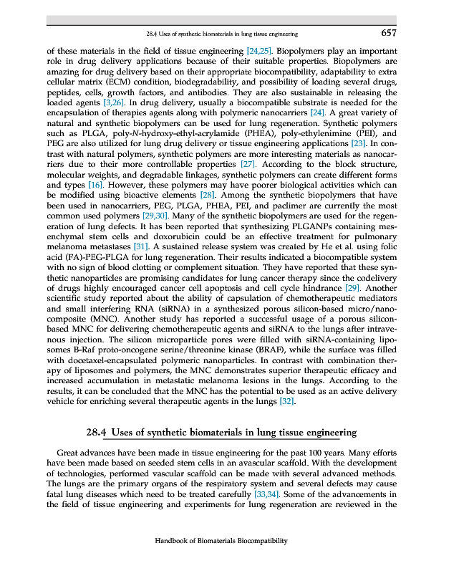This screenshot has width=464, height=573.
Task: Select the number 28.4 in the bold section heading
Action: pyautogui.click(x=96, y=433)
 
